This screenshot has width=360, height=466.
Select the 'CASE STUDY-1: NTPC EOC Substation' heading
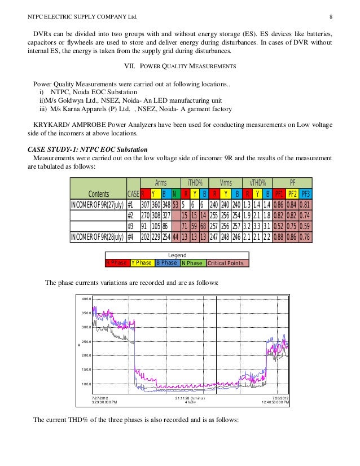[87, 149]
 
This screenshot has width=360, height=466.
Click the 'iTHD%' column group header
[194, 183]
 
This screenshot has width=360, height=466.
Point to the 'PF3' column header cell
[305, 194]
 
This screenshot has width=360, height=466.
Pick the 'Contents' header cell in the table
[98, 194]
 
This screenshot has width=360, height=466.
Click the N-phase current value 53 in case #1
[175, 204]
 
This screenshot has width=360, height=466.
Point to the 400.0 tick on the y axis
[86, 299]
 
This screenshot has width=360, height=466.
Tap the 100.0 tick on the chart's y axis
[86, 384]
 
